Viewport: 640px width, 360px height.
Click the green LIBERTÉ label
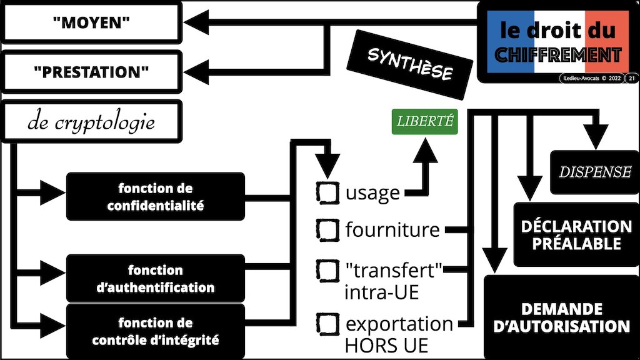click(424, 121)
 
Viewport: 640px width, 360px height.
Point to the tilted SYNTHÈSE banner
click(410, 65)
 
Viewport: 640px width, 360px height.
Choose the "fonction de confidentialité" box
click(155, 196)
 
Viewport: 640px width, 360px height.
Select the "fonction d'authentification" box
click(155, 279)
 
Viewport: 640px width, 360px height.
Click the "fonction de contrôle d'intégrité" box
click(155, 332)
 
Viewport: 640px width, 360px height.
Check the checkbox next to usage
click(328, 192)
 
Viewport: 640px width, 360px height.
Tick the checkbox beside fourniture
click(328, 229)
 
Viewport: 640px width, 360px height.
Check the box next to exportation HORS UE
click(328, 324)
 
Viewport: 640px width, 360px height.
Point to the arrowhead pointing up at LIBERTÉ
click(427, 150)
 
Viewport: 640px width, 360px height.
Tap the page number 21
click(632, 78)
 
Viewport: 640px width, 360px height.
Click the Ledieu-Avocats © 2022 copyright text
click(591, 78)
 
